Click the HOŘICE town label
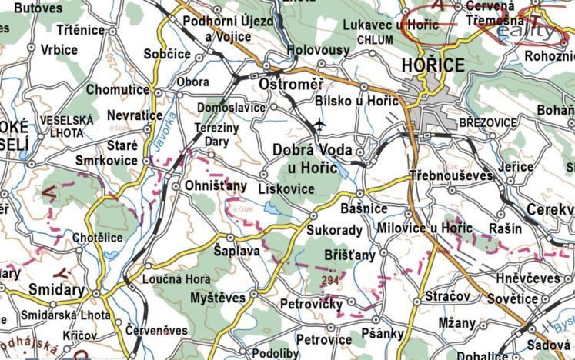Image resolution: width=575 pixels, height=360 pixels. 433,65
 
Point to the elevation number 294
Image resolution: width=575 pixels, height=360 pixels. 331,280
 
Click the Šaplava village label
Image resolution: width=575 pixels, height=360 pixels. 236,251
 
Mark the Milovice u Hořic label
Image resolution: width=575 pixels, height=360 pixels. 425,228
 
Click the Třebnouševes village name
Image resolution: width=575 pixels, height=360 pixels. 451,175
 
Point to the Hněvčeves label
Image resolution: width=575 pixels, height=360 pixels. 528,279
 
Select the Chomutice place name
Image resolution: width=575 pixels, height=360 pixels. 118,90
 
